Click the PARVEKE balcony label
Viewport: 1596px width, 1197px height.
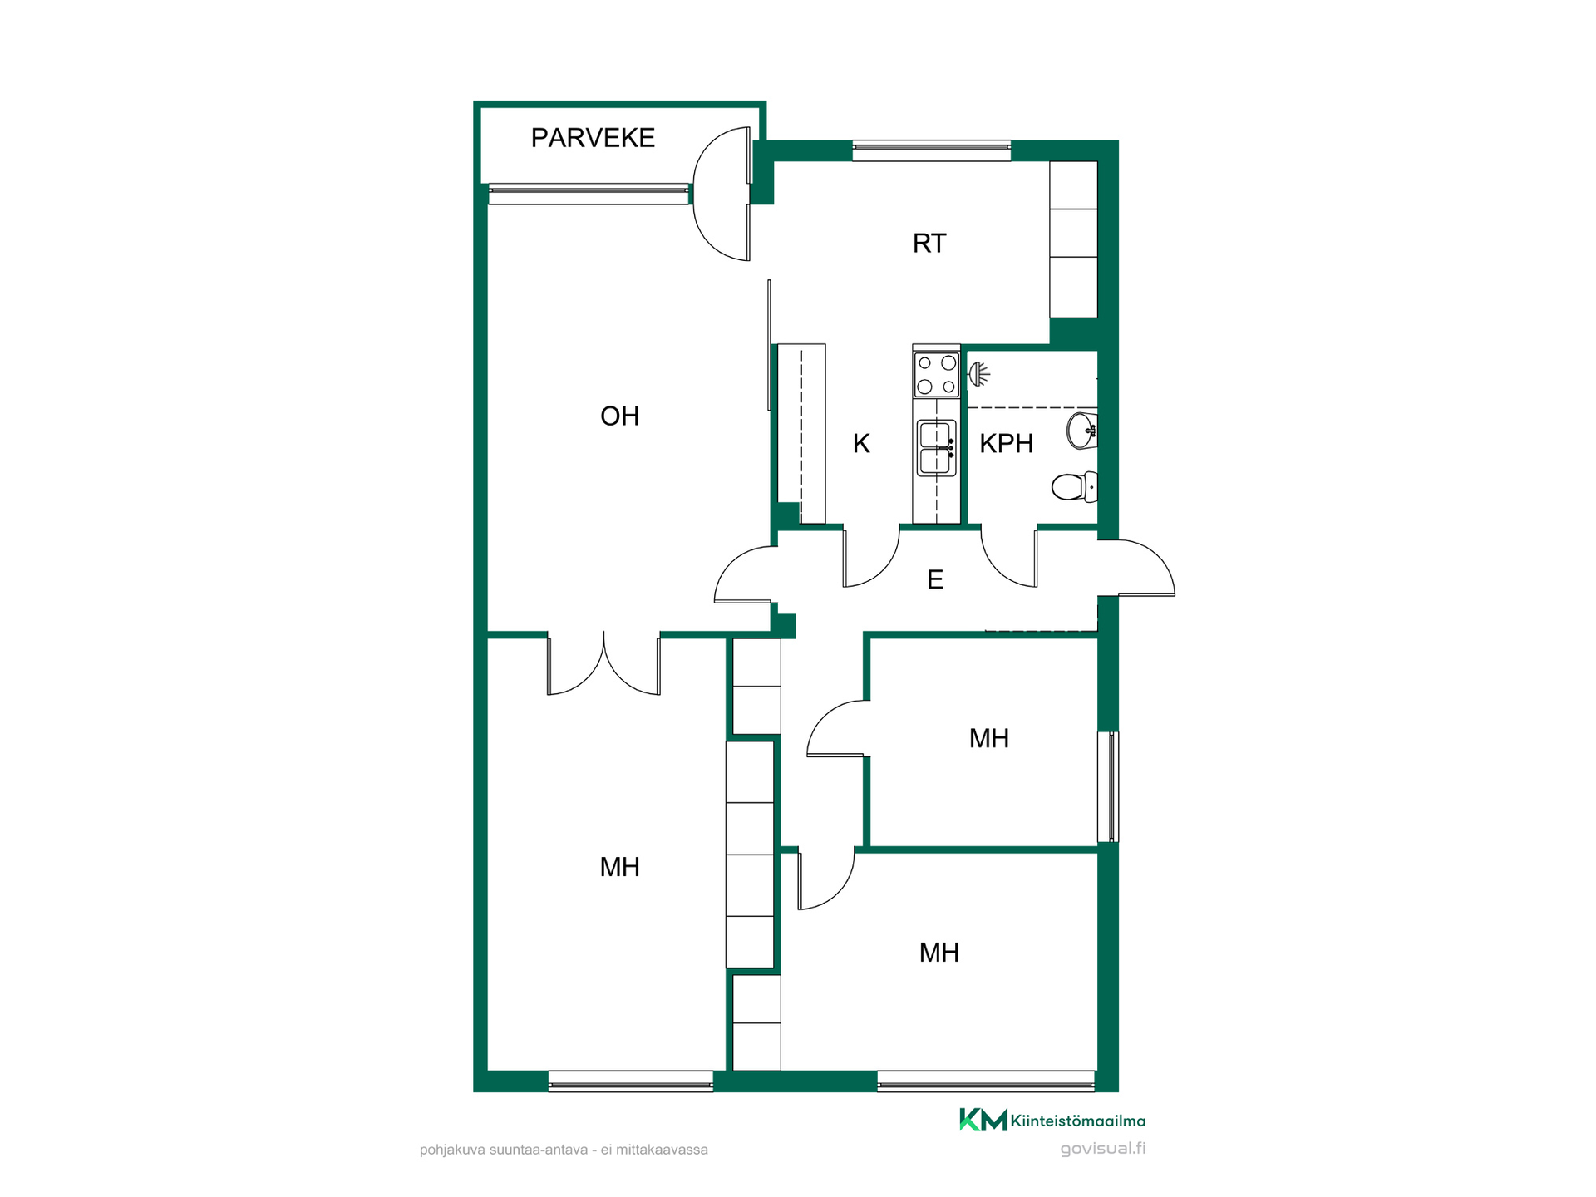coord(593,138)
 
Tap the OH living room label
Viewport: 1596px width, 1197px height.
coord(620,416)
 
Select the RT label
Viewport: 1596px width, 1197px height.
coord(929,244)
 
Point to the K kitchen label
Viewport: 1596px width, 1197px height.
coord(861,444)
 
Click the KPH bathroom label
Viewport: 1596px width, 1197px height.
coord(1006,444)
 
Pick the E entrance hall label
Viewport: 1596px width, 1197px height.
coord(935,579)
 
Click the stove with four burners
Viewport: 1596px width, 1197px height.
coord(937,375)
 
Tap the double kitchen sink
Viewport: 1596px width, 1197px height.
coord(937,448)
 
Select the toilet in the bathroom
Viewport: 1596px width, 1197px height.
coord(1075,487)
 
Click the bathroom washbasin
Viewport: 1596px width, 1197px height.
coord(1082,431)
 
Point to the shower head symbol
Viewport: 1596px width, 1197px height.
coord(979,374)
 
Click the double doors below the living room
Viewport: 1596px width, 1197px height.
coord(603,665)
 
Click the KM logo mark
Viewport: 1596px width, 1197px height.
coord(983,1120)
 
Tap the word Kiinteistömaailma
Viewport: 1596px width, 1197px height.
coord(1078,1121)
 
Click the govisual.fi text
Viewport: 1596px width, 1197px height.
coord(1103,1149)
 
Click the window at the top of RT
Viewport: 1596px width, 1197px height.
coord(932,150)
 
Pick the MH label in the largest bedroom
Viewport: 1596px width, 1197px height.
coord(620,867)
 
